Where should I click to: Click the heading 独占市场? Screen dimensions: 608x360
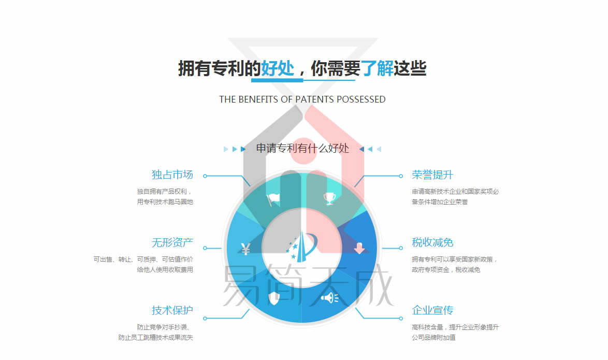pos(172,175)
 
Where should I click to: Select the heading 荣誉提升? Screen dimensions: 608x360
pos(432,175)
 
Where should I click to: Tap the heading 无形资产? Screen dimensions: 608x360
pos(172,243)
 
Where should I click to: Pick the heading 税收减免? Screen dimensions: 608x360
pos(432,243)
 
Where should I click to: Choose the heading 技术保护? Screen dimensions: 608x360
pos(172,310)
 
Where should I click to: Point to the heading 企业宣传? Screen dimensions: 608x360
pos(432,310)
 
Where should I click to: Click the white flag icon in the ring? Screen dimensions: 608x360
pos(273,199)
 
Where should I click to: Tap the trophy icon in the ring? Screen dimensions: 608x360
pos(329,198)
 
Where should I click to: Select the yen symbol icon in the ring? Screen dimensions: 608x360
pos(245,249)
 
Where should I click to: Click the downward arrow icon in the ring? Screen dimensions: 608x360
pos(359,248)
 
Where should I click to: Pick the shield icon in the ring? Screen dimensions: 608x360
pos(274,298)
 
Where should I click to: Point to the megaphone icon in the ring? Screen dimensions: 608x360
pos(329,298)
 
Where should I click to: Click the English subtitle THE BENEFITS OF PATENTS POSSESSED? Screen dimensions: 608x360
pos(302,99)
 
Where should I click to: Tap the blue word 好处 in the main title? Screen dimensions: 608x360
pos(277,69)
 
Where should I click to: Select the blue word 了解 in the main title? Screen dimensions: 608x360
pos(377,69)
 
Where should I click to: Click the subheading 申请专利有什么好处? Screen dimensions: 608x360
pos(302,149)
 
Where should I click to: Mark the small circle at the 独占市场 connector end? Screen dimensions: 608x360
pos(205,176)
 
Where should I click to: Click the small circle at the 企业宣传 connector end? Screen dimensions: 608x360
pos(401,319)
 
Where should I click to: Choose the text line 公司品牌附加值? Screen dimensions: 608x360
pos(433,338)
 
